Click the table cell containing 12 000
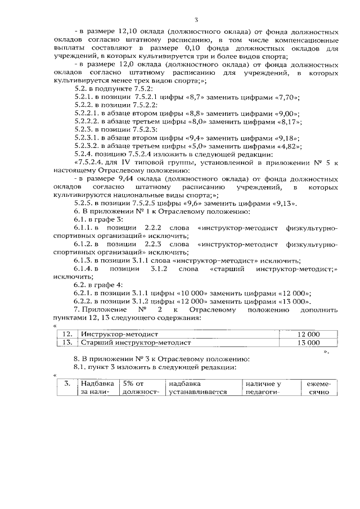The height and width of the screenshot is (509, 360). (x=308, y=334)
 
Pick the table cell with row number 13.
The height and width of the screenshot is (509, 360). (x=66, y=342)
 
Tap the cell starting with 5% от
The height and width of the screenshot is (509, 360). (x=137, y=387)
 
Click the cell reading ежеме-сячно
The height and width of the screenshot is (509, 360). (x=318, y=387)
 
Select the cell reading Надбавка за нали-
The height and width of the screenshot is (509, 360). (x=93, y=387)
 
